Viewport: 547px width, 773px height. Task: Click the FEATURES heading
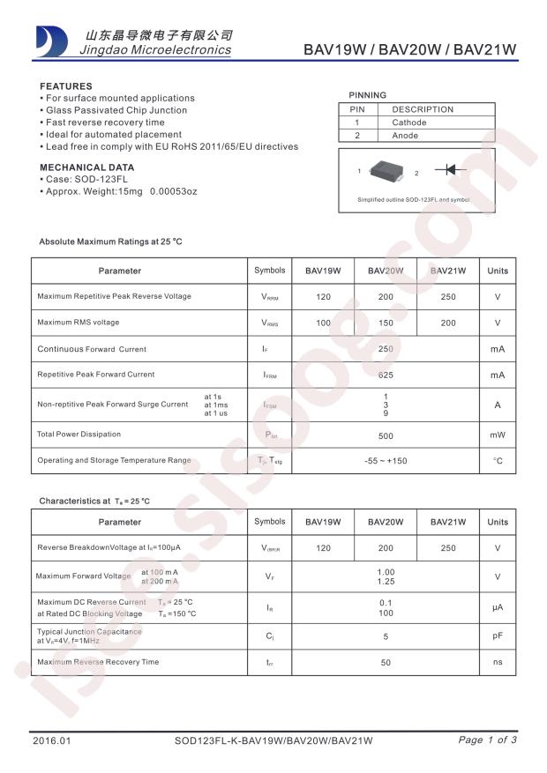[x=66, y=86]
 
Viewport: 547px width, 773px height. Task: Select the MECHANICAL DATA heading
[x=87, y=167]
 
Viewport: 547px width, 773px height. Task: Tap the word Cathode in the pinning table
[x=409, y=123]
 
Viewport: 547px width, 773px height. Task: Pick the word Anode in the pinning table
[x=405, y=136]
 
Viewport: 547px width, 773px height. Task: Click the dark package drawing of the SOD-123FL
[x=388, y=171]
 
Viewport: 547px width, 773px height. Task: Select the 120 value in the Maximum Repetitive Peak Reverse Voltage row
[x=323, y=296]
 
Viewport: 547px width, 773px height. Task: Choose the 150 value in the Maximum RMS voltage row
[x=386, y=323]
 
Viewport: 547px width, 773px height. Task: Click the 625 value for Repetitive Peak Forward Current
[x=386, y=375]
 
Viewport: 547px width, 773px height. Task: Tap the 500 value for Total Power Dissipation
[x=386, y=435]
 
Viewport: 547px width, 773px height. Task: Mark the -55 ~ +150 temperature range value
[x=386, y=461]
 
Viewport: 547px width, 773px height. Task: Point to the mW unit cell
[x=498, y=435]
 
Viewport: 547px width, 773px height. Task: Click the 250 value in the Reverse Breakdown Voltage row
[x=448, y=548]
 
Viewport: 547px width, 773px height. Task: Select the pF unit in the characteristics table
[x=498, y=635]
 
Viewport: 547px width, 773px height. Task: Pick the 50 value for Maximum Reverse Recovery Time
[x=386, y=662]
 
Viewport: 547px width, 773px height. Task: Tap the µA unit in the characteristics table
[x=498, y=608]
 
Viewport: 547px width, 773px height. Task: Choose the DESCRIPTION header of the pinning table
[x=423, y=109]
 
